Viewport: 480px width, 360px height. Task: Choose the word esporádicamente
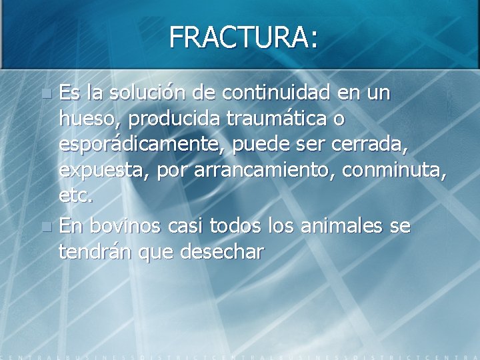coord(143,145)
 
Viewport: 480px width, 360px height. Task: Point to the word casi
coord(184,226)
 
